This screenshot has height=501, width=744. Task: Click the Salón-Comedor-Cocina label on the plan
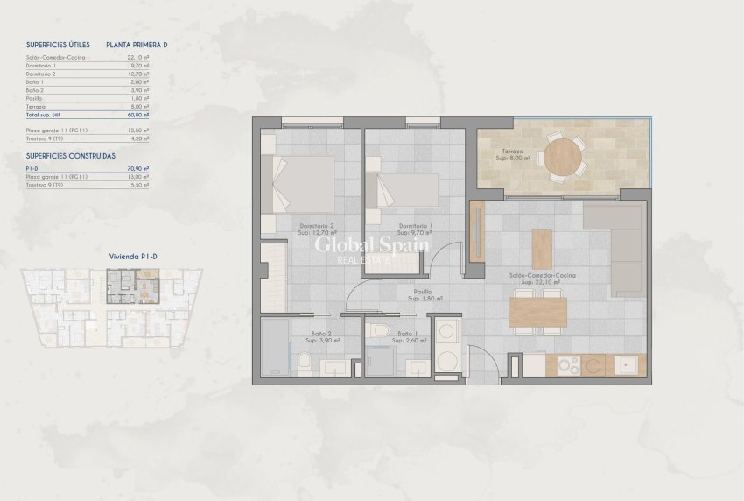pos(543,278)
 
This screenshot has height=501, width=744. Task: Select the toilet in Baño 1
pos(379,330)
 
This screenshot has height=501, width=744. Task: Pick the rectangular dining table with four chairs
pos(537,312)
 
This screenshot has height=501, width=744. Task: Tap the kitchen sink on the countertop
pos(628,364)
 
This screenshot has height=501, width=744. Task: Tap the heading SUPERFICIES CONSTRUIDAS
pos(71,154)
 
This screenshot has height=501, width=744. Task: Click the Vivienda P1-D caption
pos(132,256)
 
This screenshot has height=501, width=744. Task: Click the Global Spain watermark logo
pos(372,247)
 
